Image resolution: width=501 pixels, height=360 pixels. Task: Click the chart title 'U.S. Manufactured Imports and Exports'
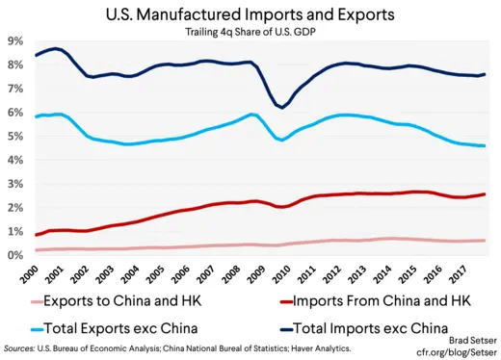click(x=250, y=14)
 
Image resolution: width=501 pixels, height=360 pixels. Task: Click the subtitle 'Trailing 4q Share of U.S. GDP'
click(x=250, y=33)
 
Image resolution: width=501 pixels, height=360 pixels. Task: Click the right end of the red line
click(x=484, y=194)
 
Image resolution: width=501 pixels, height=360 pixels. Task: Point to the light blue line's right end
click(x=484, y=145)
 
